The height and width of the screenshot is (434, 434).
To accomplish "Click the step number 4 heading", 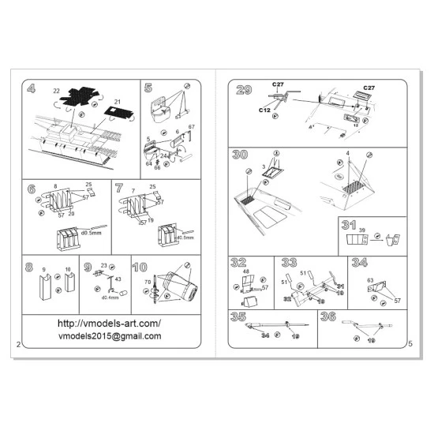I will (31, 89).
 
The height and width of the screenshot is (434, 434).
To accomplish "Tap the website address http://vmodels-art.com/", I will (109, 324).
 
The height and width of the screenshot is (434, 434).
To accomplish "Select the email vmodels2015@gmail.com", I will (109, 336).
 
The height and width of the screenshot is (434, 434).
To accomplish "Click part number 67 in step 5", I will (192, 127).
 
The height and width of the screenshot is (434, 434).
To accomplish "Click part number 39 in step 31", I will (362, 230).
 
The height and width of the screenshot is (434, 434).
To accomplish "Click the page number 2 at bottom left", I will (17, 345).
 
